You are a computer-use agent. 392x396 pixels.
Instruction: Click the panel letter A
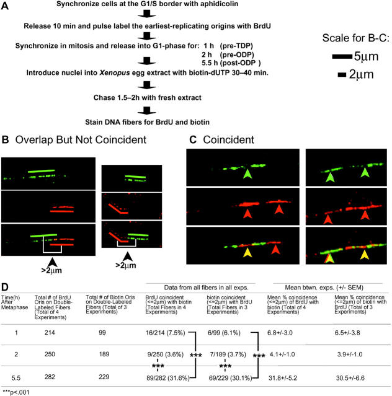tap(7, 6)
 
